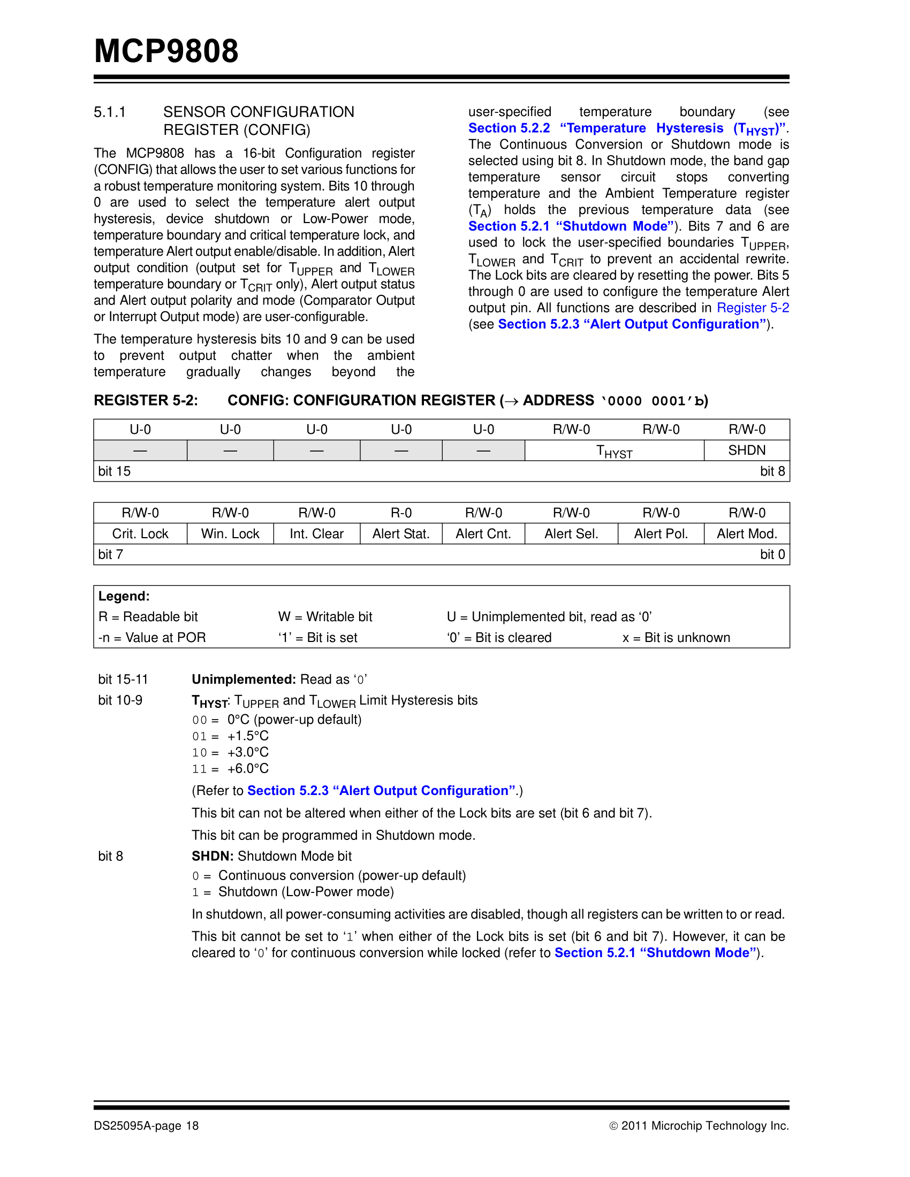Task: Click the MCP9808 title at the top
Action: pos(166,52)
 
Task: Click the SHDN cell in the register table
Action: pos(747,450)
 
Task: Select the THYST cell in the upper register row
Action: pos(614,451)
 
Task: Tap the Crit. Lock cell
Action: pos(140,533)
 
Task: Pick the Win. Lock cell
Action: pos(230,533)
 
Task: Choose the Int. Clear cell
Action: pos(316,533)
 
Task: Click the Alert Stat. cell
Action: pos(400,533)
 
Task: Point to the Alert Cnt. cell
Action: pos(483,533)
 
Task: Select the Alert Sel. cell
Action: pos(571,533)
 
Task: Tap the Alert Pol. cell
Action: pos(661,533)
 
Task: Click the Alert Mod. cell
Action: pos(747,533)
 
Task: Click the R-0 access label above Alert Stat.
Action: pos(400,513)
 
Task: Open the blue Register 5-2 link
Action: pos(753,308)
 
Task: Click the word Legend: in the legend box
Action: pos(124,596)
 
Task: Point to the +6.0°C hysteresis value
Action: pos(247,768)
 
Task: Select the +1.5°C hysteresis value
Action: pos(247,736)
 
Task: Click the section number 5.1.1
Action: pos(109,112)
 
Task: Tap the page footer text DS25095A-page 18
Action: pos(146,1126)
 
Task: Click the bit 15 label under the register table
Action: pos(115,471)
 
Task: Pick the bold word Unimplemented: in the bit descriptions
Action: pos(244,679)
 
